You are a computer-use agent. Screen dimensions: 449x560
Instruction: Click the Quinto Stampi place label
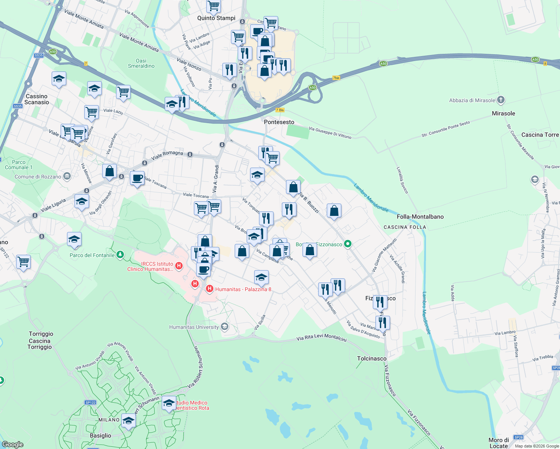click(x=216, y=18)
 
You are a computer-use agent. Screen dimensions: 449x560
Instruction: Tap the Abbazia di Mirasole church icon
click(x=501, y=100)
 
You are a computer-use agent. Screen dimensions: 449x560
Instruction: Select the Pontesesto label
click(x=279, y=122)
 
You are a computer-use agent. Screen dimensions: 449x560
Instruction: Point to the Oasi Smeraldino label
click(x=141, y=63)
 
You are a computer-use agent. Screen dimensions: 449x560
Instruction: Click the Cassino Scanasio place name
click(x=37, y=99)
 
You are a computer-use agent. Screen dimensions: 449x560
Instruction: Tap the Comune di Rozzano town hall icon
click(x=67, y=176)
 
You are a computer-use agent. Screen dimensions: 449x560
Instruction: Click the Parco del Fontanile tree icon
click(x=120, y=255)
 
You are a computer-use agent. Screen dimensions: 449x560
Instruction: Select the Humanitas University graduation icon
click(x=224, y=327)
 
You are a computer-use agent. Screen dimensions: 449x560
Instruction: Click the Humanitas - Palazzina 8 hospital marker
click(x=209, y=289)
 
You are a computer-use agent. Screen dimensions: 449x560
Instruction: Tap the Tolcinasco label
click(x=372, y=358)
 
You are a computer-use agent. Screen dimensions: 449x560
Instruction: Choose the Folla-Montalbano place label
click(x=420, y=217)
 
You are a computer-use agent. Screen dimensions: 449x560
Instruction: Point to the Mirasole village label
click(x=503, y=113)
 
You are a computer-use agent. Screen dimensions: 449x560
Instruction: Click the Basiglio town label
click(x=100, y=436)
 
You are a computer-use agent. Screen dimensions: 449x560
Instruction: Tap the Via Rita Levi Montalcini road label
click(x=321, y=338)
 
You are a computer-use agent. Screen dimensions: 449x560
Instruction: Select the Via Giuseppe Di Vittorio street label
click(x=330, y=133)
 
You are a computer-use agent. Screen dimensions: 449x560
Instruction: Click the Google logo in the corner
click(x=12, y=444)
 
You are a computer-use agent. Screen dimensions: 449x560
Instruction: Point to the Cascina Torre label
click(x=540, y=135)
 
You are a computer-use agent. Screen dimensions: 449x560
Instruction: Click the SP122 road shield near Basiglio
click(x=91, y=403)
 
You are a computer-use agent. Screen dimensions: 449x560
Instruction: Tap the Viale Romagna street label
click(x=167, y=155)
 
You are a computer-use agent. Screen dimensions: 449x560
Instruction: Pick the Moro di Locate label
click(x=499, y=443)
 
